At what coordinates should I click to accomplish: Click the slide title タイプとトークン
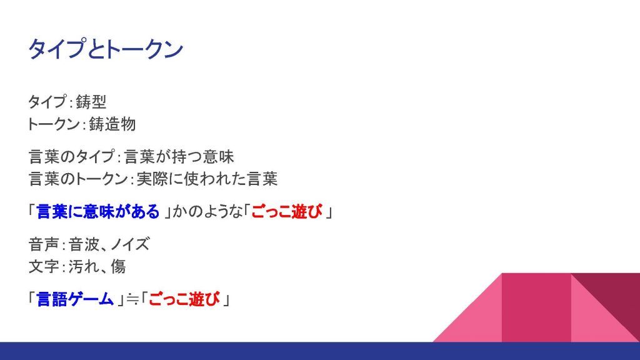click(x=105, y=49)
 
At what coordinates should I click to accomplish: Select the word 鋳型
click(x=91, y=102)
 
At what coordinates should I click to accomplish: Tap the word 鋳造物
click(x=112, y=124)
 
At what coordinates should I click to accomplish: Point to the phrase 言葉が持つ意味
click(x=179, y=157)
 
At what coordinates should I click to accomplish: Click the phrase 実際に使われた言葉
click(x=207, y=179)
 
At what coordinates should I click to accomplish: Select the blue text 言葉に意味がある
click(x=98, y=212)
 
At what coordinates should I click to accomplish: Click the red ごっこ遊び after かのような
click(x=286, y=212)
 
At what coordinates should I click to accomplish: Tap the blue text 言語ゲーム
click(x=75, y=299)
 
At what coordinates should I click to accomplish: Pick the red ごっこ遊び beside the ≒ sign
click(x=184, y=299)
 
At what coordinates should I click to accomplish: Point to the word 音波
click(x=84, y=244)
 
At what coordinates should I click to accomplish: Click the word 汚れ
click(x=84, y=266)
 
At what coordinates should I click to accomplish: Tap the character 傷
click(x=118, y=266)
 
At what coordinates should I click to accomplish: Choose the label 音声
click(x=44, y=244)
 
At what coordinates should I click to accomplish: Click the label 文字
click(x=44, y=266)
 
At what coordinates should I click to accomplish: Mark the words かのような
click(x=207, y=212)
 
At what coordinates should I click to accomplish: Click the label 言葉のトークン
click(x=78, y=179)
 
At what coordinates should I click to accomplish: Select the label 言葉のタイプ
click(x=72, y=157)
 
